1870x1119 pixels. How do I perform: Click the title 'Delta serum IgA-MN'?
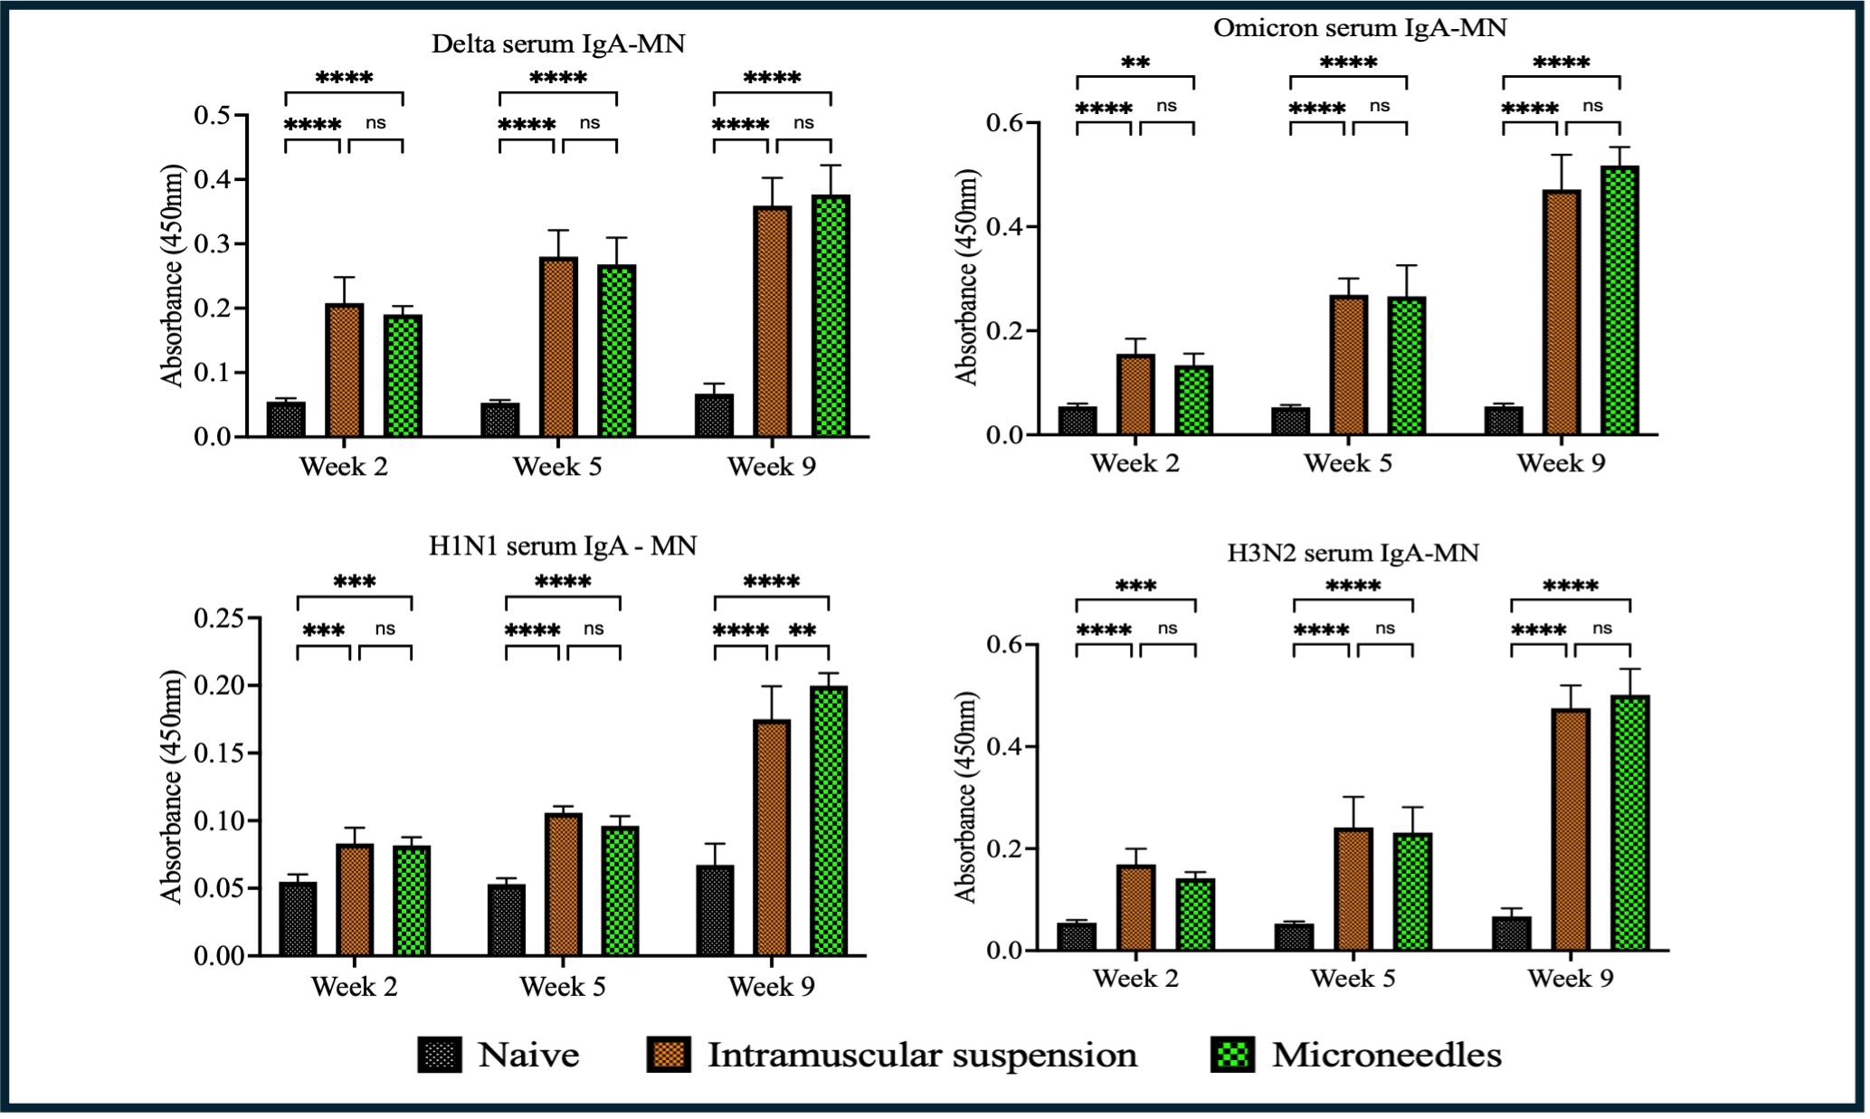coord(557,43)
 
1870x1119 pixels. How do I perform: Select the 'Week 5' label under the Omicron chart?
coord(1348,463)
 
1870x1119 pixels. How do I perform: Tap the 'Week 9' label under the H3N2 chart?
coord(1571,978)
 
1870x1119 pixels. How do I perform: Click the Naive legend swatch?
coord(440,1055)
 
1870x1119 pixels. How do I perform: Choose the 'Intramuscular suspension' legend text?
coord(922,1055)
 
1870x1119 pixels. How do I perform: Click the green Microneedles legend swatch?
coord(1232,1055)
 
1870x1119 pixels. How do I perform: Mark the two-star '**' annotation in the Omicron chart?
coord(1135,63)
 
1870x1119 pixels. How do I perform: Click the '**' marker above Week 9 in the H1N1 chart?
coord(802,631)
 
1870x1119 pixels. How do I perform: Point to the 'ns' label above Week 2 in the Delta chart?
coord(375,123)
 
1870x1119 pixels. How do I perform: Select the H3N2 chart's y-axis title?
coord(966,797)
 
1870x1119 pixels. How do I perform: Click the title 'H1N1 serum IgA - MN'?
coord(563,545)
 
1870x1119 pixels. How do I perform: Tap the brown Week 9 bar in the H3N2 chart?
coord(1571,829)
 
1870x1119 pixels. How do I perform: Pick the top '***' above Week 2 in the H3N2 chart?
coord(1135,586)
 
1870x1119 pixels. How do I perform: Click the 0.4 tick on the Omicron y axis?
coord(1008,226)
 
